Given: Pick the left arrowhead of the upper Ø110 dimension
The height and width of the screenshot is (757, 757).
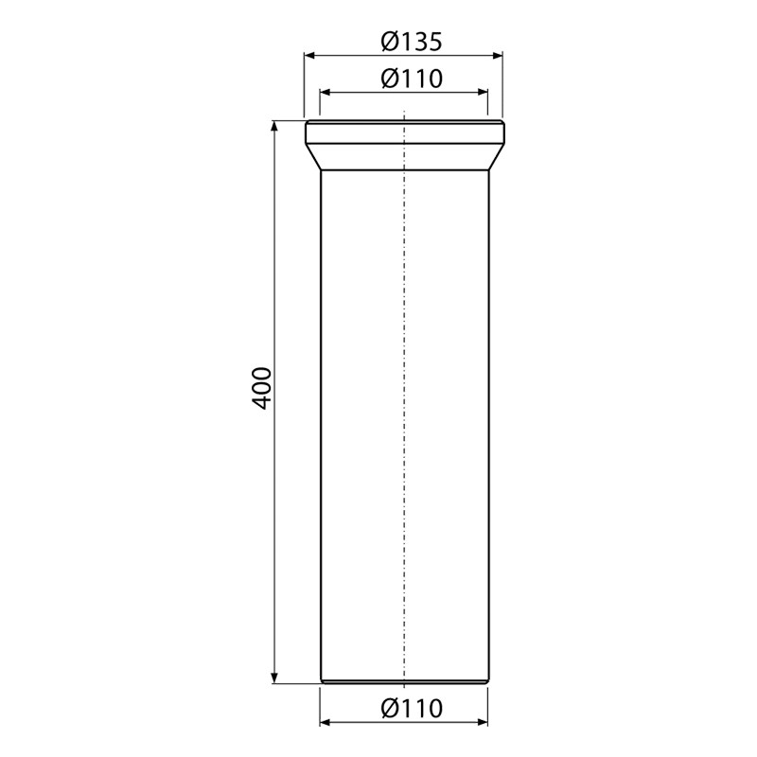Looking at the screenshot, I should [x=325, y=93].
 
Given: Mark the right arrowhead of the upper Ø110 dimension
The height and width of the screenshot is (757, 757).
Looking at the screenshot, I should [x=482, y=93].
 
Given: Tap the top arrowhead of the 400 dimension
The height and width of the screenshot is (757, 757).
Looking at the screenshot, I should [x=275, y=126].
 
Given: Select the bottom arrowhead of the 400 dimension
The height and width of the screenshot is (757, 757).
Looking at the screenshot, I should [x=275, y=676].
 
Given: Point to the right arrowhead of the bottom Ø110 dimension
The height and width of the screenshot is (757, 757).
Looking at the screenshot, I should [x=482, y=723].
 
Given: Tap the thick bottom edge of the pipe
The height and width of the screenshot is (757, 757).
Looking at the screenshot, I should [x=404, y=681].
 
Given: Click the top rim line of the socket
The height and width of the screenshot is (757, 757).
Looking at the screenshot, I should [x=404, y=121].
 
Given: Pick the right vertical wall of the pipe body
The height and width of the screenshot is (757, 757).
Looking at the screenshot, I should [x=488, y=426].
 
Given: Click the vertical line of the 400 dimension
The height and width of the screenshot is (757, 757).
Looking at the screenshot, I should [x=275, y=520].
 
